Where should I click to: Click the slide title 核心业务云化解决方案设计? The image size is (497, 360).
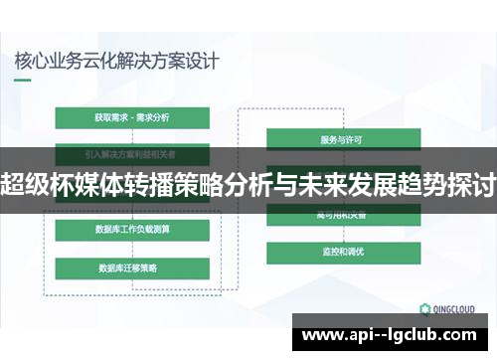(x=116, y=60)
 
